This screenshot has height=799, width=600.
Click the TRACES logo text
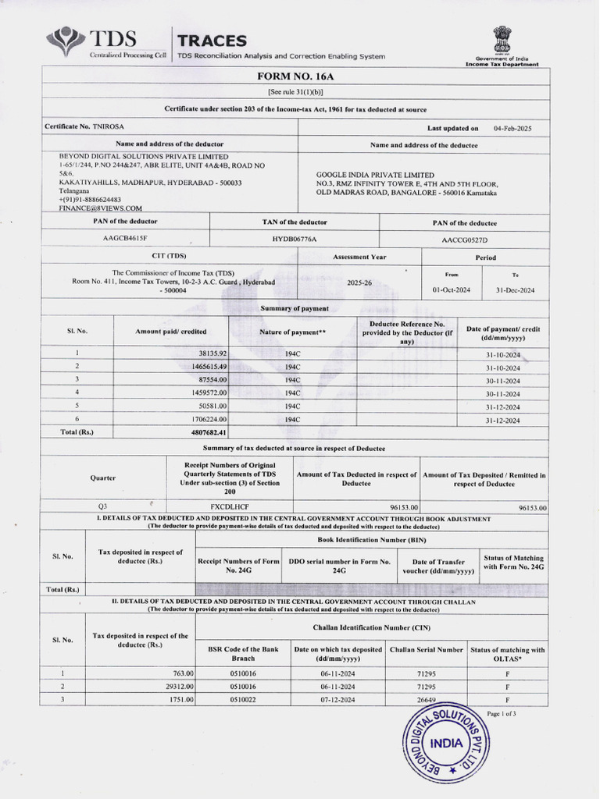tap(212, 41)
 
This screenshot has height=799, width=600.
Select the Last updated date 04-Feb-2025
tap(512, 128)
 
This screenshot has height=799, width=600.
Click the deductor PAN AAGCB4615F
tap(125, 238)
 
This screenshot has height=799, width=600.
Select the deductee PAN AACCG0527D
tap(470, 240)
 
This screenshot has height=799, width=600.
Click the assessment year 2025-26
tap(359, 283)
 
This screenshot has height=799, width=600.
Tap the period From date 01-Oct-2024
tap(452, 290)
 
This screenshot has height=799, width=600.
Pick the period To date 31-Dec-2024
tap(516, 290)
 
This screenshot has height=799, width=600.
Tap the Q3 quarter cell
tap(103, 506)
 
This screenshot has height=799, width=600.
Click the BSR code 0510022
tap(243, 700)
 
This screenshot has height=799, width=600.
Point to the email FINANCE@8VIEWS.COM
tap(101, 208)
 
